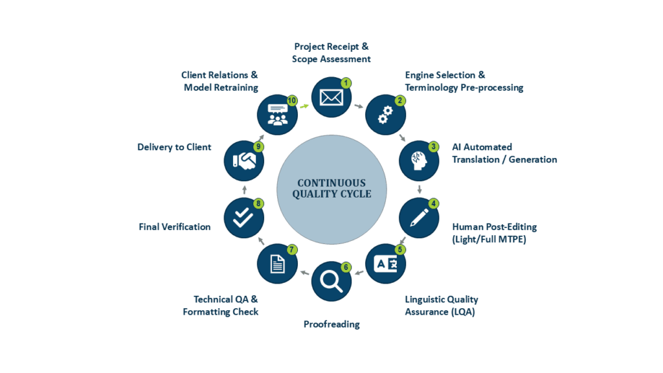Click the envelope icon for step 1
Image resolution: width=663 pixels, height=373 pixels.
(331, 98)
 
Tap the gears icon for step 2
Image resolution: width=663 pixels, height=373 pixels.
(385, 115)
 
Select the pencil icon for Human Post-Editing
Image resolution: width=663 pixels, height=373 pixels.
(419, 218)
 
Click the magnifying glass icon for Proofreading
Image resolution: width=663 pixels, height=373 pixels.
(331, 281)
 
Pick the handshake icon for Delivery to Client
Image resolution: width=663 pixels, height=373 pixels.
(244, 161)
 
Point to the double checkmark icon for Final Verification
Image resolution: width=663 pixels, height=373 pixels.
(243, 218)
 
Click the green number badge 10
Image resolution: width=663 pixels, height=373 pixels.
(292, 100)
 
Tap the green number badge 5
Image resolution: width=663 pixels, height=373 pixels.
(399, 249)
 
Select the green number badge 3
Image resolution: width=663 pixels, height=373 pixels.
(433, 147)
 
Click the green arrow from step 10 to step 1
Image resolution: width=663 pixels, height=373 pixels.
(304, 106)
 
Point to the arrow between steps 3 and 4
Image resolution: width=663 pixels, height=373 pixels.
(420, 189)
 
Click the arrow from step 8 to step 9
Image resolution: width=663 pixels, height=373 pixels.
(244, 189)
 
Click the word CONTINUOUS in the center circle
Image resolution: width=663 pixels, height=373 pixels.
(331, 183)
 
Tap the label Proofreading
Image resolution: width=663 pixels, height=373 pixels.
(331, 324)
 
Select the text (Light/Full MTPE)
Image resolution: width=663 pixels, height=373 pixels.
(489, 240)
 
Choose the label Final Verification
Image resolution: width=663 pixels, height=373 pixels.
(175, 227)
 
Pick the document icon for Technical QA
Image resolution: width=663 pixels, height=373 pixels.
(277, 264)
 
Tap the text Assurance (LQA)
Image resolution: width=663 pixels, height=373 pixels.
(440, 312)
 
